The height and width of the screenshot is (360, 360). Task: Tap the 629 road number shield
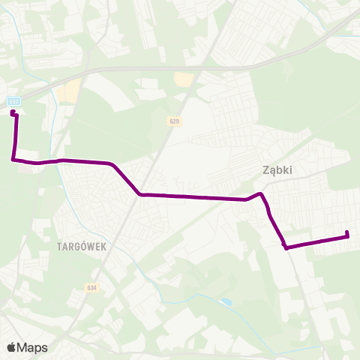175,121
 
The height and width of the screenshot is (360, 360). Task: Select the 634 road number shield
91,287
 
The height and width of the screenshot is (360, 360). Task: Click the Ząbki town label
277,169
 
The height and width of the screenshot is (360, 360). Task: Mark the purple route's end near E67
13,112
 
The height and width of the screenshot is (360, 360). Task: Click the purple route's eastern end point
348,236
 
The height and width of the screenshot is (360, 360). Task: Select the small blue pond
226,302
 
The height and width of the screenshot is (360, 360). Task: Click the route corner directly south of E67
13,159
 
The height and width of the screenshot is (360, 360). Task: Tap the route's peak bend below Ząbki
260,194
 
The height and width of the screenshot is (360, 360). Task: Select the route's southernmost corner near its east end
286,247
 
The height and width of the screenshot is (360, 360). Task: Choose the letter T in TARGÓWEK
58,245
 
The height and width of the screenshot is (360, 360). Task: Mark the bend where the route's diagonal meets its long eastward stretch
140,195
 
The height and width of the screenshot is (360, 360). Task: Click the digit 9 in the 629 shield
178,121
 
